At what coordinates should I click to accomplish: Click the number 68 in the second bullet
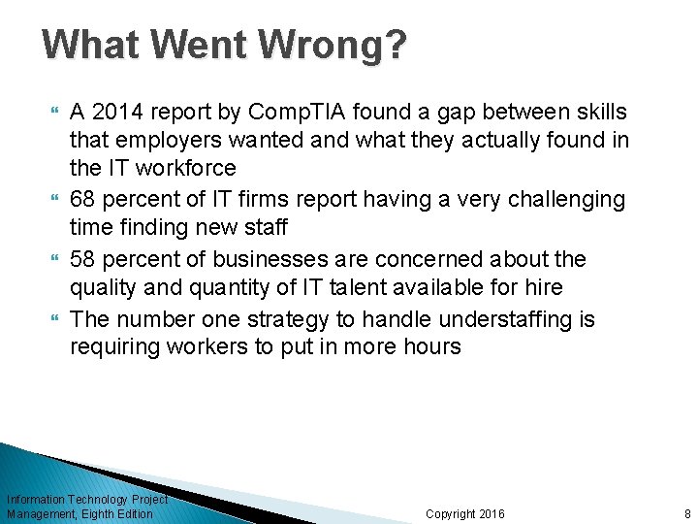[84, 200]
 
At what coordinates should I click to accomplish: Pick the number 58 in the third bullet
[84, 260]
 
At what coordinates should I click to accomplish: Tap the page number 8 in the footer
[687, 513]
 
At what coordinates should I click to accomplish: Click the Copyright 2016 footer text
[465, 513]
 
